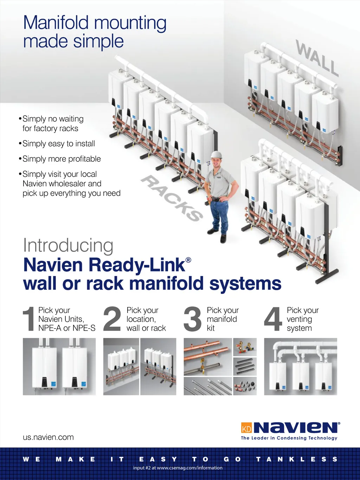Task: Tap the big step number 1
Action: click(29, 319)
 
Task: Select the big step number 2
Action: click(112, 319)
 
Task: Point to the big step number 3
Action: click(193, 319)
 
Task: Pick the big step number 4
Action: click(273, 319)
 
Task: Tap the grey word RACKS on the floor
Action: click(172, 198)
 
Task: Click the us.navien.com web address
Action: click(48, 437)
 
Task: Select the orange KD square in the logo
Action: click(246, 428)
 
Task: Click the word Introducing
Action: click(68, 245)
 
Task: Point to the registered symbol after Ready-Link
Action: click(188, 260)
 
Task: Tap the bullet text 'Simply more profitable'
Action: click(62, 159)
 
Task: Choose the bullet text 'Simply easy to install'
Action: click(59, 143)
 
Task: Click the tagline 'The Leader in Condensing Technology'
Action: click(289, 438)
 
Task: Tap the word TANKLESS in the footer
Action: click(297, 459)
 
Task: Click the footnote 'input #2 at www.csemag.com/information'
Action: click(178, 468)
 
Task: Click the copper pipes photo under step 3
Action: click(208, 357)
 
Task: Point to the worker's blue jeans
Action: click(219, 216)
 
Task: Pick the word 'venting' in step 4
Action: click(299, 319)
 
